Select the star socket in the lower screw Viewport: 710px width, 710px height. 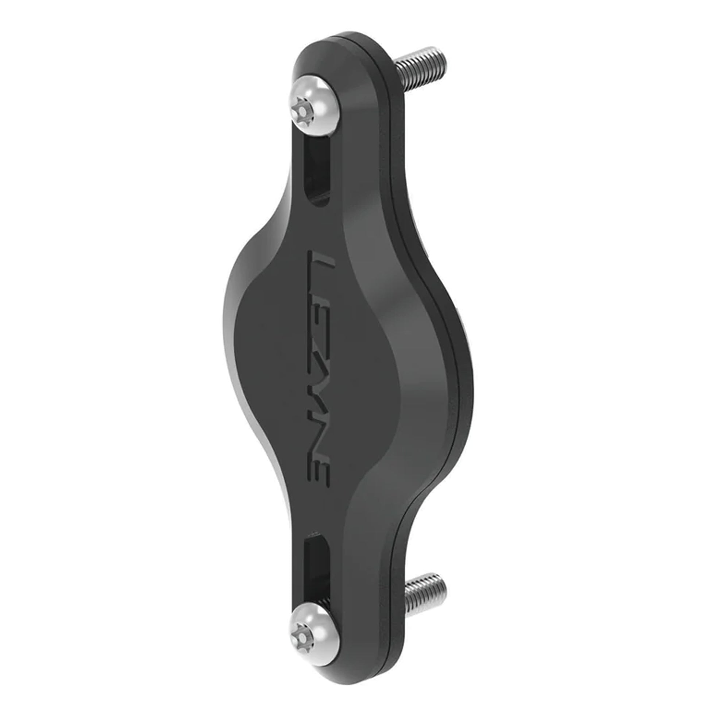(x=302, y=629)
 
